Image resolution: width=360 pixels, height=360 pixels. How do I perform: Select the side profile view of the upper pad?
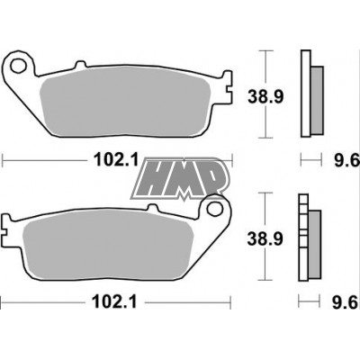click(315, 94)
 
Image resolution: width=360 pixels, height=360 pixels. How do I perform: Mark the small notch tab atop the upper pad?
click(80, 65)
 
